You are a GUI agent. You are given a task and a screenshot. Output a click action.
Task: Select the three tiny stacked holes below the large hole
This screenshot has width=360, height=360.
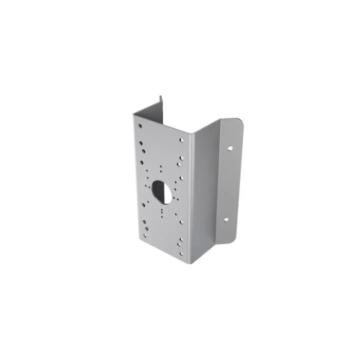(x=162, y=212)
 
